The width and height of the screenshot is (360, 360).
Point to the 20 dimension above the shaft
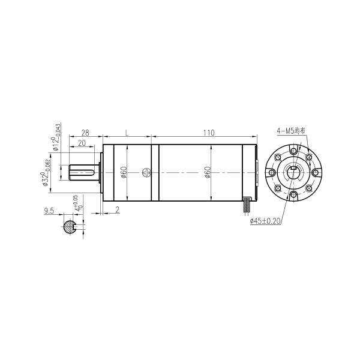pos(81,143)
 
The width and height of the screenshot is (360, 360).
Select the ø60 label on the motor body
pos(208,173)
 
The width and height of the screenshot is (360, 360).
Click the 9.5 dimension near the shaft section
pos(50,211)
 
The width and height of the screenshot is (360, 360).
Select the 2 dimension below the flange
pos(117,211)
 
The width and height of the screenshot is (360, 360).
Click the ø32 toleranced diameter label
pos(46,173)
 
